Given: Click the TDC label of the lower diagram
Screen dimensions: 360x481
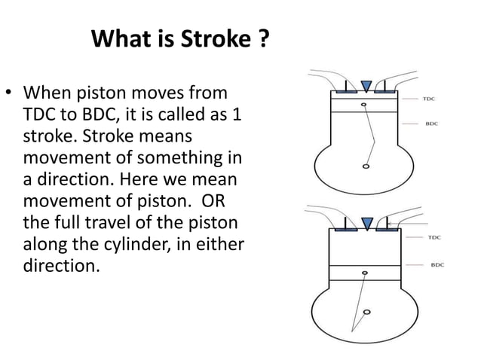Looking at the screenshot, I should pos(435,237).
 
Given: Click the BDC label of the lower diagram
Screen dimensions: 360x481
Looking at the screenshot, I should pos(437,264).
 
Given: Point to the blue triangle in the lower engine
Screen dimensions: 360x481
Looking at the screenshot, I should pos(367,224).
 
